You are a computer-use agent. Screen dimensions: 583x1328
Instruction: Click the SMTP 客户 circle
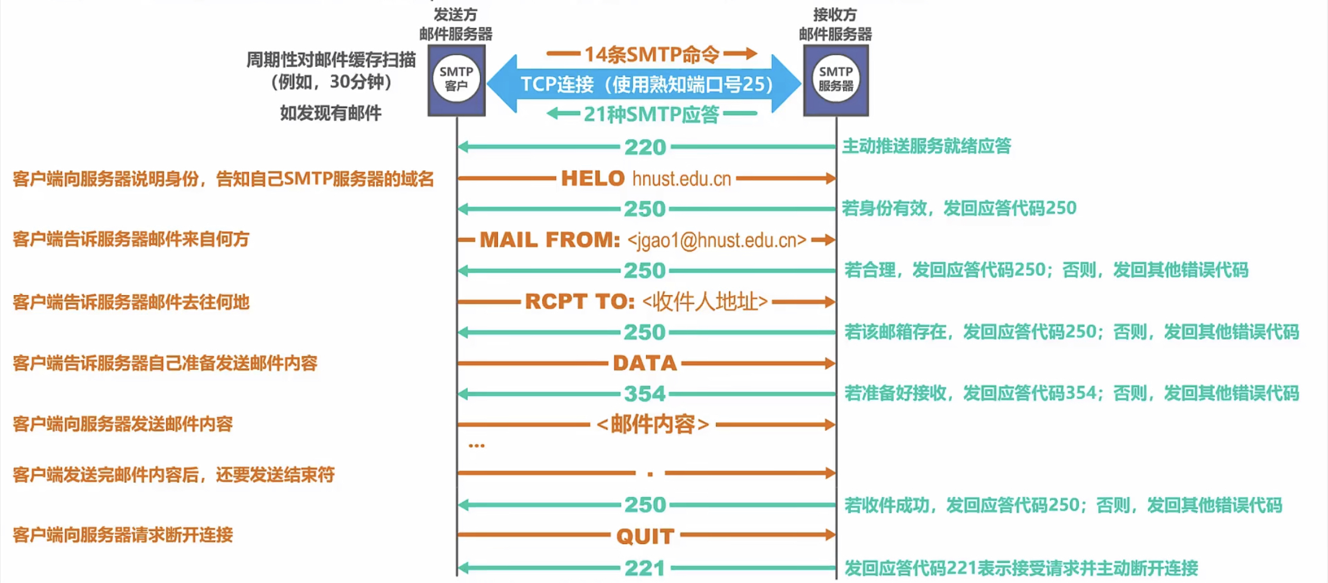point(456,78)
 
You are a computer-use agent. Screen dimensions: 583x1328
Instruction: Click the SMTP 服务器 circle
point(835,78)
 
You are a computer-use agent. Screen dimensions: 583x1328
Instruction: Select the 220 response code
point(645,147)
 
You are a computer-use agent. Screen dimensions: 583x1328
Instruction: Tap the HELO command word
point(592,178)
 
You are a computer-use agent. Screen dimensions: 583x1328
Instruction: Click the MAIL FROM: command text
point(550,240)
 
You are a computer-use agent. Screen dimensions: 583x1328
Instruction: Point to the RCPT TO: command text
point(579,302)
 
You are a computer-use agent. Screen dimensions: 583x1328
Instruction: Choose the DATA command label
point(645,363)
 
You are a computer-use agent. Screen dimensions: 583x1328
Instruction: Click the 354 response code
point(645,394)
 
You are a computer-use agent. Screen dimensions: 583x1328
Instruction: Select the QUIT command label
point(645,536)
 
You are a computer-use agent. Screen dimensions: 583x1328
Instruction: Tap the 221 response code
point(645,568)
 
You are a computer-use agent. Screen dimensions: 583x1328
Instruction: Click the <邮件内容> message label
point(653,425)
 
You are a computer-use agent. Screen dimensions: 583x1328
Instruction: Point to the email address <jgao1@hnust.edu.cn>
point(717,240)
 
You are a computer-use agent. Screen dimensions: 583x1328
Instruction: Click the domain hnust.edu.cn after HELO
point(681,179)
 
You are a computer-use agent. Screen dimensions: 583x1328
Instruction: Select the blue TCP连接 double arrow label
point(645,84)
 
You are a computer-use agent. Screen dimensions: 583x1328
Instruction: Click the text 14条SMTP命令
point(651,54)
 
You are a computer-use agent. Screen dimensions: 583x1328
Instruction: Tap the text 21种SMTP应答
point(651,114)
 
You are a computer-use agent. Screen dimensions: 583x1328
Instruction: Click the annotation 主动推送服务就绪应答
point(926,146)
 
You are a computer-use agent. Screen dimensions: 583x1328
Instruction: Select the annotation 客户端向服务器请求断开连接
point(122,535)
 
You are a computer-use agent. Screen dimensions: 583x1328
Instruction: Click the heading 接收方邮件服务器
point(835,24)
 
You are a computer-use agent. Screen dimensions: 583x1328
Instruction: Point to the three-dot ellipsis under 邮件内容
point(477,446)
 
